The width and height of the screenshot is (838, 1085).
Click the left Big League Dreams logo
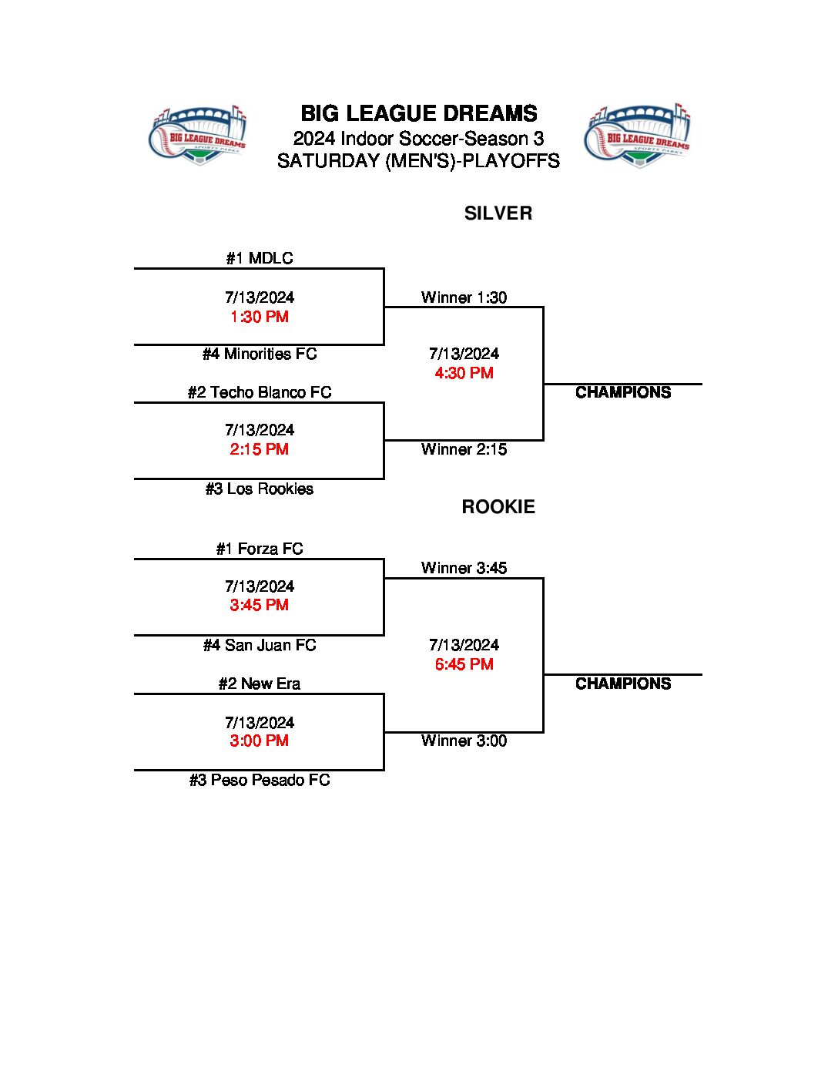click(197, 136)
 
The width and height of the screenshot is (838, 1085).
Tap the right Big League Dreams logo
click(637, 136)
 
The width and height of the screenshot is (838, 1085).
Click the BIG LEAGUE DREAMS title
click(419, 114)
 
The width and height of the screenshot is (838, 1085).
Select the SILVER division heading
click(498, 213)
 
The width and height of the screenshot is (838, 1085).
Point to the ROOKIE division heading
click(498, 506)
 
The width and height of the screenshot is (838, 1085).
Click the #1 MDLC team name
click(260, 258)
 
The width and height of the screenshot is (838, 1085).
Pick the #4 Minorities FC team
click(260, 354)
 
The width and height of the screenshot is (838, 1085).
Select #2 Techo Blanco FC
click(260, 392)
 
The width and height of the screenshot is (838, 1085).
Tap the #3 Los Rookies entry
click(260, 489)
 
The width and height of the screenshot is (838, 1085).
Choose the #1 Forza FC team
click(260, 549)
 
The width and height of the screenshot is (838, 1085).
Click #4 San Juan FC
click(260, 645)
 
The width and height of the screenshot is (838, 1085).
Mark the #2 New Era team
click(260, 684)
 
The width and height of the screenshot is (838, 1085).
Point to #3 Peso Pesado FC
click(260, 780)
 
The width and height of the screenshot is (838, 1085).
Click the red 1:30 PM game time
click(260, 317)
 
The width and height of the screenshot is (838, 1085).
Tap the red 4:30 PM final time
click(464, 373)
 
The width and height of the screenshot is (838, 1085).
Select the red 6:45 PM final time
click(464, 664)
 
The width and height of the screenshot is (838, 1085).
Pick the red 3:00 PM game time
click(260, 741)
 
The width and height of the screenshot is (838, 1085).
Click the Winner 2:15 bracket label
click(464, 449)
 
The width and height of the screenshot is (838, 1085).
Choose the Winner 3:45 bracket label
click(464, 568)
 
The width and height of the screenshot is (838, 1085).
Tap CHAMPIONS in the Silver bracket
click(623, 392)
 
